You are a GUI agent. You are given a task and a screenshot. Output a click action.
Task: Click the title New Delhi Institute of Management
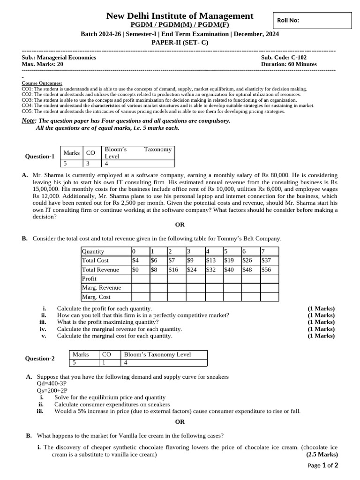(180, 16)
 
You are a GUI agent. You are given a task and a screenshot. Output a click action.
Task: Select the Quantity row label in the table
(93, 252)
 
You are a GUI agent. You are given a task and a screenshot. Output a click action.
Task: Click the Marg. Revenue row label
(101, 287)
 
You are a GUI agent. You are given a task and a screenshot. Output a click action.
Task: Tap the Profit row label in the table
(89, 278)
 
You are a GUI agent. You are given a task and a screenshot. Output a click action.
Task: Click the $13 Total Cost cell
(214, 261)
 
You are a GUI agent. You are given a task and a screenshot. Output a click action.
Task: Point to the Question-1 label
(40, 157)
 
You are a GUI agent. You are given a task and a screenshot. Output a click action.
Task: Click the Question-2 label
(40, 359)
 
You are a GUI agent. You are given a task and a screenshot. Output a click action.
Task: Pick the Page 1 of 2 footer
(322, 465)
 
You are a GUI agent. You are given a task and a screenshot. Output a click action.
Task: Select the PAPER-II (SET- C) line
(180, 42)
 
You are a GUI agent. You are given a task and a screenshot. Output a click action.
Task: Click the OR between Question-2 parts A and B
(180, 422)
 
